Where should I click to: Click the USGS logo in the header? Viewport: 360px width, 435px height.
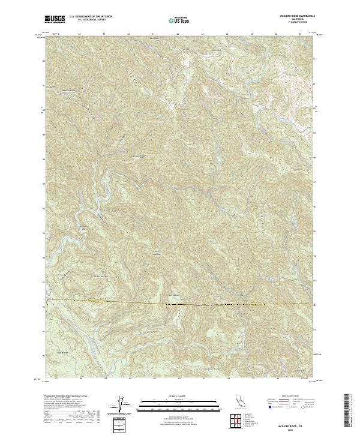[55, 19]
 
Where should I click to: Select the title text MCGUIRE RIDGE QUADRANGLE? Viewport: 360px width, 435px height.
[294, 17]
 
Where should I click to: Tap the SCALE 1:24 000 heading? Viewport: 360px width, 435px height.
[178, 397]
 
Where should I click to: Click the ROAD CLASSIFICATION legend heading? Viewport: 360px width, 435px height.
[294, 397]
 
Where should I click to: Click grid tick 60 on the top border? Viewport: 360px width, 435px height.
[128, 34]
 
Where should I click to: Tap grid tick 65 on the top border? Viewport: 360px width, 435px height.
[251, 34]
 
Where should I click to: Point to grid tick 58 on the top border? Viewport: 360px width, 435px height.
[80, 34]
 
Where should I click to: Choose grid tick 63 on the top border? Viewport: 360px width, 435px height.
[202, 34]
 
